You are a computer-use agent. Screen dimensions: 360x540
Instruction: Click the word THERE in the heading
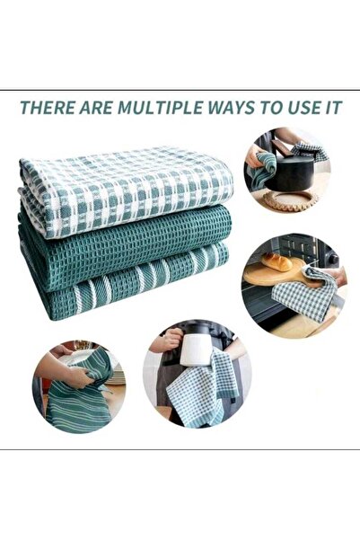click(x=47, y=108)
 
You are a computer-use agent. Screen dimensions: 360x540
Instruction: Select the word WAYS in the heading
click(x=231, y=108)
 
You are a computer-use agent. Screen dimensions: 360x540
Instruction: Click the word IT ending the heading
click(x=334, y=108)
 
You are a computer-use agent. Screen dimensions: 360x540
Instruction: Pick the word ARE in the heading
click(x=96, y=108)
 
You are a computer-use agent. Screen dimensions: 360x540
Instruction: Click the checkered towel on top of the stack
click(x=126, y=188)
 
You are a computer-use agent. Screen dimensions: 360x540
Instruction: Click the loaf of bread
click(x=277, y=262)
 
